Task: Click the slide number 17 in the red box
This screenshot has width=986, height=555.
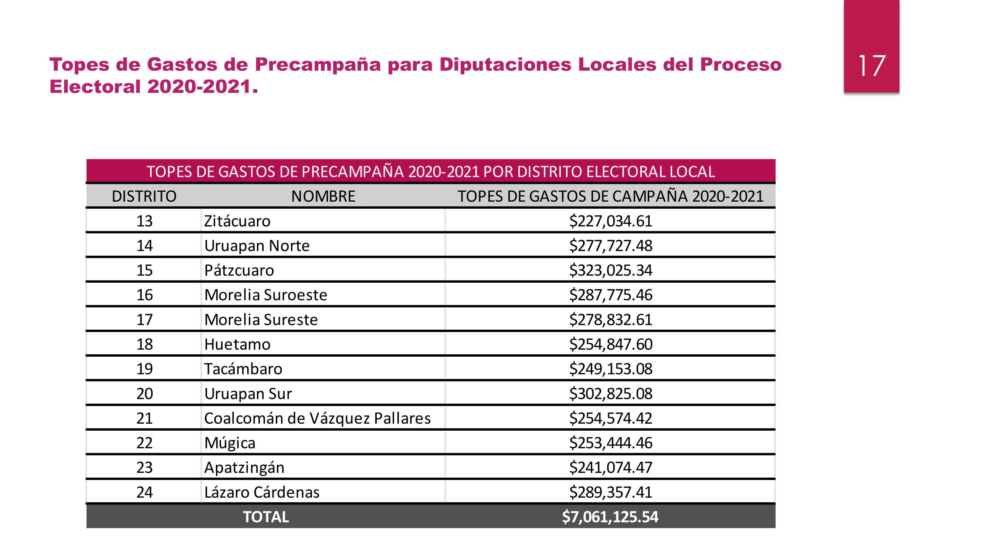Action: click(871, 66)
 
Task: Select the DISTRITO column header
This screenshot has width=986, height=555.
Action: click(144, 196)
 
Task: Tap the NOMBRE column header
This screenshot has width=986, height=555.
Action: click(323, 196)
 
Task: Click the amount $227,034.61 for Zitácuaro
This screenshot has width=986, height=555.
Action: click(610, 221)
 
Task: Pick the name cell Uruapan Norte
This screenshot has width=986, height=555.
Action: click(257, 246)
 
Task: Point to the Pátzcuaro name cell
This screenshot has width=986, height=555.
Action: click(239, 270)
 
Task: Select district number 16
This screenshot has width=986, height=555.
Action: click(144, 295)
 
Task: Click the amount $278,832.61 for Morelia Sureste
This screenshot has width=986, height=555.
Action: click(610, 320)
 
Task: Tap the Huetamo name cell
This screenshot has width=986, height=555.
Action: click(237, 344)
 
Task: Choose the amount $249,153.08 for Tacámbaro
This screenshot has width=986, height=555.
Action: click(610, 369)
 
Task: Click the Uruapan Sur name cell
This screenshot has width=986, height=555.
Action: click(248, 394)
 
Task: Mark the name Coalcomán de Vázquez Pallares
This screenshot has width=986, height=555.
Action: click(317, 418)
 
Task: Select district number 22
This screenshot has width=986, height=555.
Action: click(144, 443)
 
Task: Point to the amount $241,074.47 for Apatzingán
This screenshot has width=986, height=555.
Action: click(610, 468)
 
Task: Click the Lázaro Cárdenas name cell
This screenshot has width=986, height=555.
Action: click(262, 492)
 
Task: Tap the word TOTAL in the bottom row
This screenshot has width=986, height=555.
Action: click(266, 517)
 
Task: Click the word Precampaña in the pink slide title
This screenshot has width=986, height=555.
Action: click(318, 64)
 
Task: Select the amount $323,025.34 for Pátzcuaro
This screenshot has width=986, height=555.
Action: click(610, 270)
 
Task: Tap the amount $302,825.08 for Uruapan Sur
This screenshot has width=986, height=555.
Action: click(610, 394)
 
